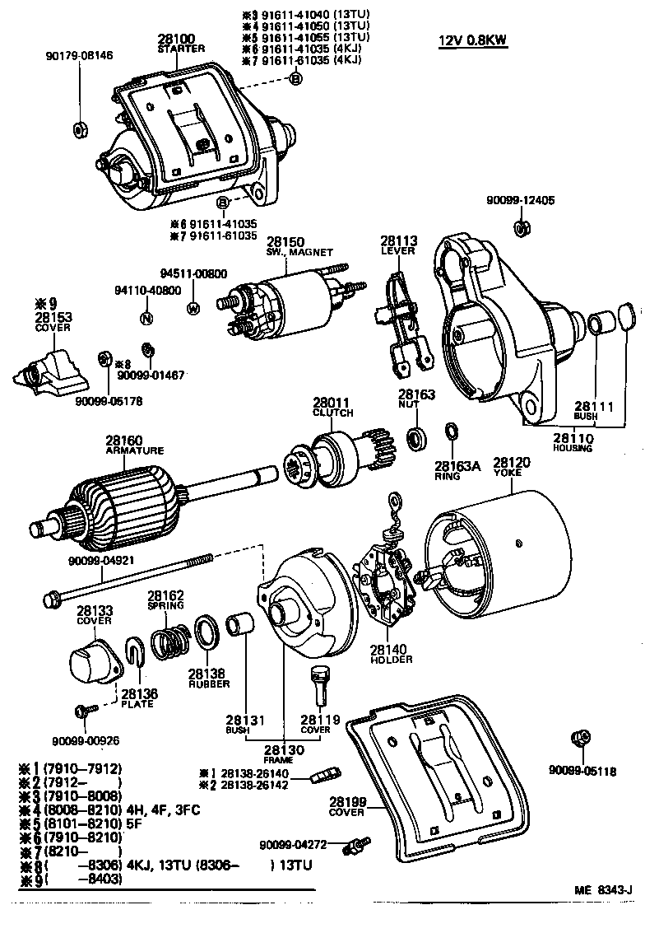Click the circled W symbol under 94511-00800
(194, 309)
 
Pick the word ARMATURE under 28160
(135, 450)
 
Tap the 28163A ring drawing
(451, 432)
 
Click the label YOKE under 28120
(512, 473)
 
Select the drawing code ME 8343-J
(603, 890)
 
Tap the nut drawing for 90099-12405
(520, 227)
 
